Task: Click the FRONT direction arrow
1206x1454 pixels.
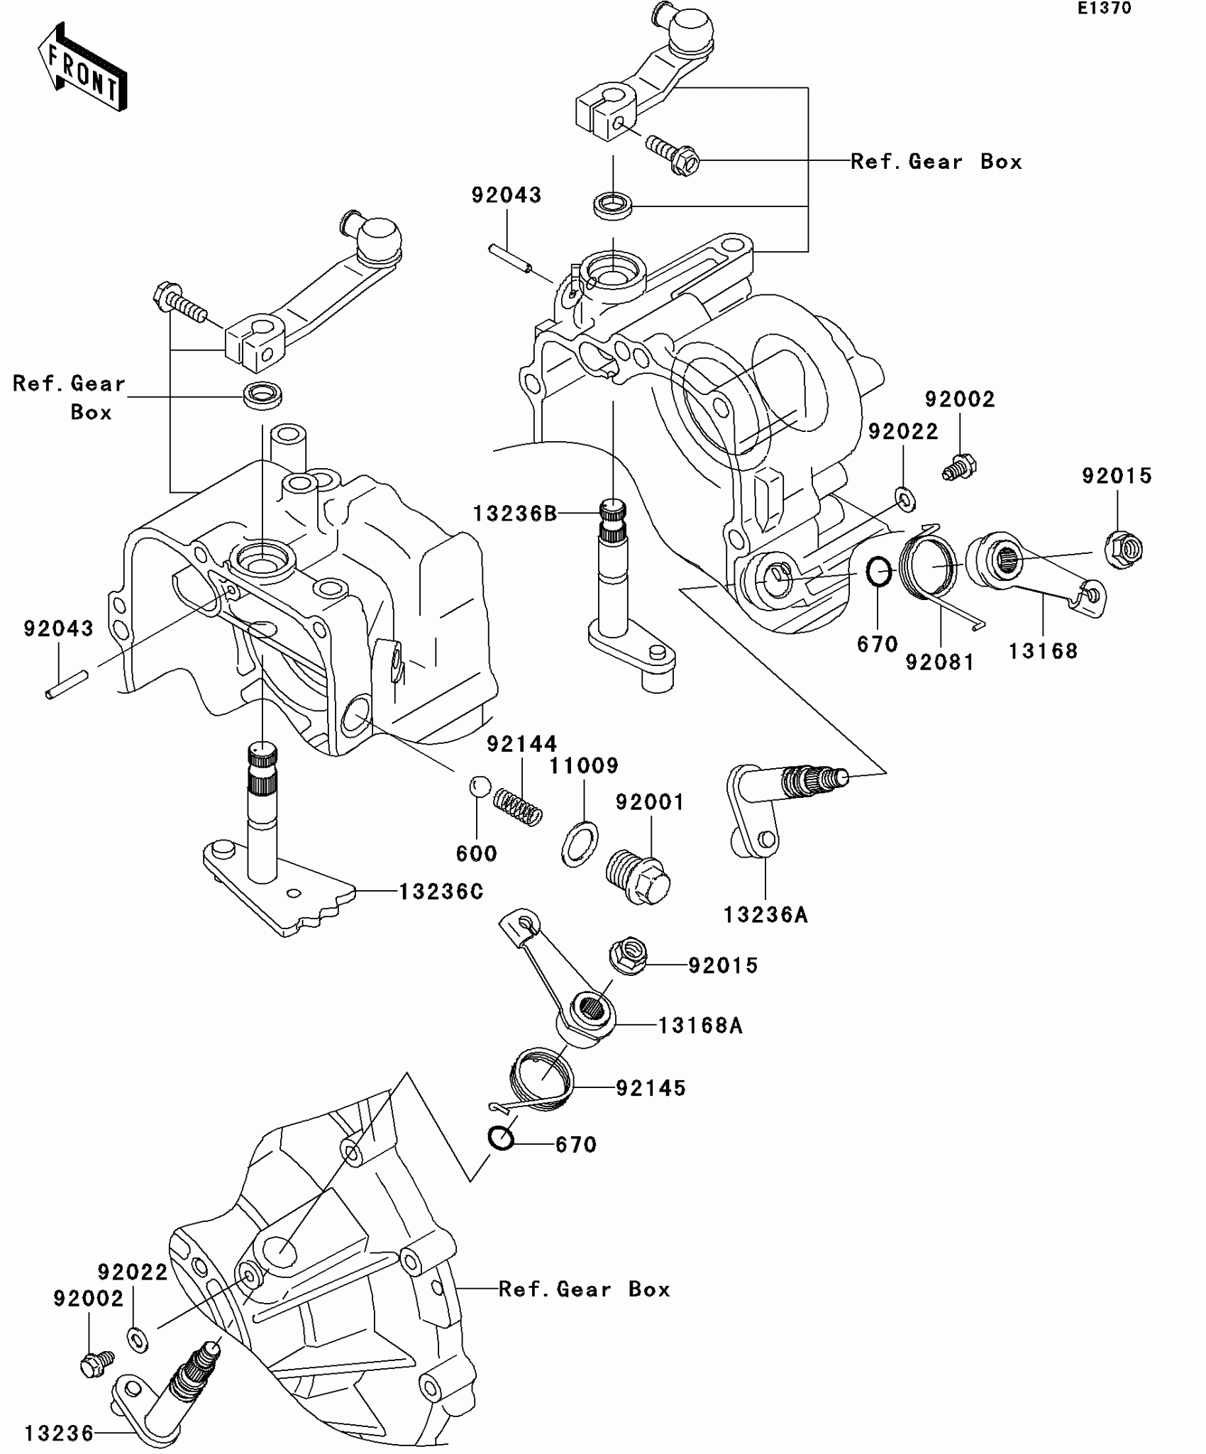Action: (82, 67)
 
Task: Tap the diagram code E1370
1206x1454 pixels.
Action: (1105, 9)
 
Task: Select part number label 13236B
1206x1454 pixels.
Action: (516, 514)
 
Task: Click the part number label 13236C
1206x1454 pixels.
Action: (441, 892)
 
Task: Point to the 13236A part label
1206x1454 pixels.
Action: (765, 915)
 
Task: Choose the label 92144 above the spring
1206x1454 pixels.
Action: (522, 743)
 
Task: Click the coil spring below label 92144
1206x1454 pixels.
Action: (518, 807)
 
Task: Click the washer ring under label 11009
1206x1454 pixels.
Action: (580, 843)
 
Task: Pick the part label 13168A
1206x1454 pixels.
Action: (700, 1026)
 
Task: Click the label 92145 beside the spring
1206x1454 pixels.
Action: (651, 1088)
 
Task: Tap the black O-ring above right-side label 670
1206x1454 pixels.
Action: (880, 571)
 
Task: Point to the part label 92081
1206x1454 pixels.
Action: (940, 662)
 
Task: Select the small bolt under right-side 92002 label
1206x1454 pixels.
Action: (960, 466)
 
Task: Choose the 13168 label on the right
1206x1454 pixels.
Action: (1043, 651)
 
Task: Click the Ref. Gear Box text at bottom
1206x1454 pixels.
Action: (585, 1289)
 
